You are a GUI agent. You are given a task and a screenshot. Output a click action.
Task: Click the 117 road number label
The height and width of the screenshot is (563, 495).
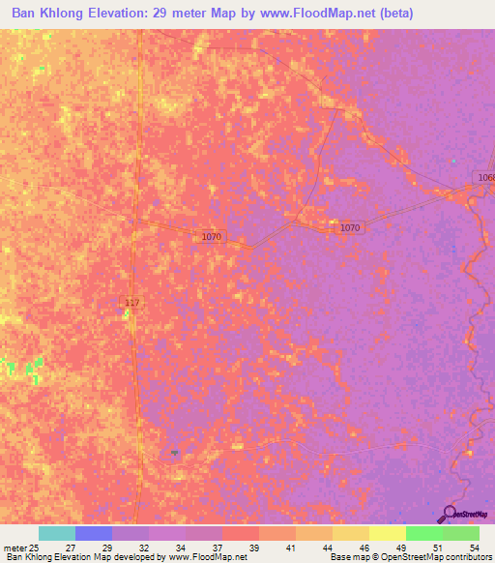(132, 304)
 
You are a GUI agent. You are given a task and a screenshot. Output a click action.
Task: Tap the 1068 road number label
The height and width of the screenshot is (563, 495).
(485, 177)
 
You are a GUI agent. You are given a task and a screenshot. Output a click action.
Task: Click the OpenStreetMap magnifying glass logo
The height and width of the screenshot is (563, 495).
(450, 514)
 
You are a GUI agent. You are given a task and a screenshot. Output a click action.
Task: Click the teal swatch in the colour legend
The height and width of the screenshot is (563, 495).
(57, 533)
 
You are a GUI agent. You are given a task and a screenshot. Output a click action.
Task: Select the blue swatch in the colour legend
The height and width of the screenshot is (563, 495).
(94, 533)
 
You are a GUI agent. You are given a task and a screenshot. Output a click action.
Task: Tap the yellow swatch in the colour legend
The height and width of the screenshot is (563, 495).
(388, 533)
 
